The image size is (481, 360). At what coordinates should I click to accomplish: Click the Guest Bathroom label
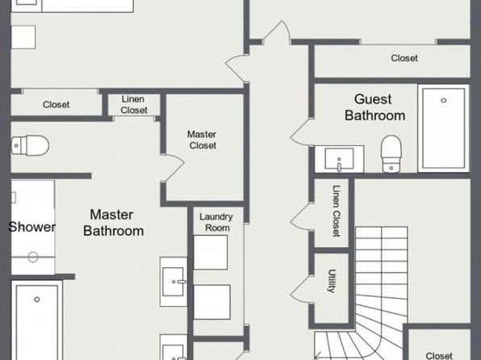(374, 107)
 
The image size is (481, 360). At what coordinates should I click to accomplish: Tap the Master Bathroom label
(114, 223)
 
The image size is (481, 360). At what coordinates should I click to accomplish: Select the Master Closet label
(202, 140)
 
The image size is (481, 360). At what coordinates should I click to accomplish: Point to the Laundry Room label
(216, 222)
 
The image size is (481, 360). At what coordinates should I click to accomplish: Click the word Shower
(32, 227)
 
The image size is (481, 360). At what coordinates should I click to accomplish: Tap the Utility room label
(332, 281)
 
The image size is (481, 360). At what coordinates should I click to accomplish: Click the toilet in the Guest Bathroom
(391, 153)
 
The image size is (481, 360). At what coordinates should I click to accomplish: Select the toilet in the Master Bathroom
(30, 145)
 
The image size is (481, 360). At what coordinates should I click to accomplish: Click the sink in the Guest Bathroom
(339, 159)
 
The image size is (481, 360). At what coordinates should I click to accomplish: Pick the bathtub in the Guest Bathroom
(444, 128)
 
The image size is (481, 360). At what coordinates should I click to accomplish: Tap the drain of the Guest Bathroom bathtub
(444, 100)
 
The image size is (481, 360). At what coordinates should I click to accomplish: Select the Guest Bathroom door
(301, 132)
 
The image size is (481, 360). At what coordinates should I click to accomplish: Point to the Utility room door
(301, 288)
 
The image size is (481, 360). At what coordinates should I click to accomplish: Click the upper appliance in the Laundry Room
(211, 253)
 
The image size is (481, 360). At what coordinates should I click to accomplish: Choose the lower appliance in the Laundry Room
(212, 302)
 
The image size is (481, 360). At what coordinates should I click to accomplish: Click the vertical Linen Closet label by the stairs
(337, 211)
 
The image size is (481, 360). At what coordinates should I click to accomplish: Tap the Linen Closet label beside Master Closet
(134, 105)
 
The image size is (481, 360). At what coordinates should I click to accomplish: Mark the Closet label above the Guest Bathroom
(404, 58)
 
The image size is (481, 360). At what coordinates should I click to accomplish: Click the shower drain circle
(33, 257)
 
